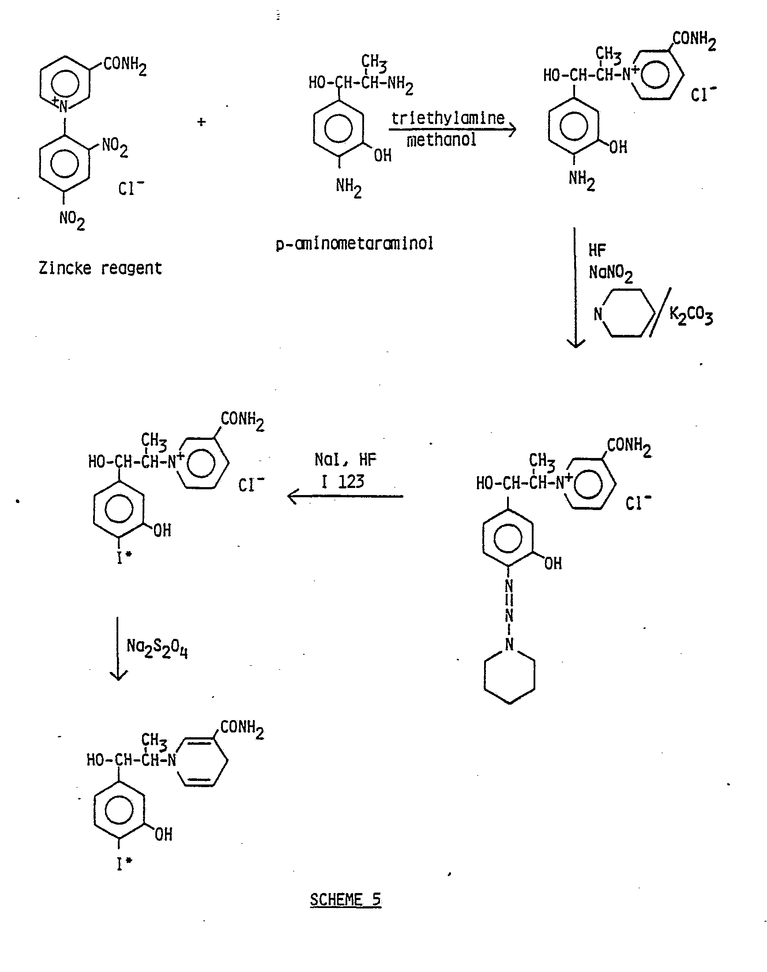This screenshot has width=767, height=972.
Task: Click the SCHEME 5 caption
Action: tap(346, 900)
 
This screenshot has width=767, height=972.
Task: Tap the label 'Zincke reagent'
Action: tap(100, 268)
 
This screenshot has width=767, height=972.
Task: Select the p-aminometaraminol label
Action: tap(355, 244)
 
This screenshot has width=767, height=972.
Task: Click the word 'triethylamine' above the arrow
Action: tap(448, 118)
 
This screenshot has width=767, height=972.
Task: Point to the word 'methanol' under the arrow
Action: tap(441, 140)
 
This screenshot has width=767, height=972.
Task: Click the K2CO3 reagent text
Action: tap(691, 315)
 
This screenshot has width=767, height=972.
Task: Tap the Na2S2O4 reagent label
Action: tap(157, 648)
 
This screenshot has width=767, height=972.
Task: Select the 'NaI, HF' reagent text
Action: tap(346, 459)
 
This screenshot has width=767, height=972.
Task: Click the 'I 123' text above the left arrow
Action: tap(342, 482)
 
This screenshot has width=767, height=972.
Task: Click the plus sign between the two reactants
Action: tap(202, 121)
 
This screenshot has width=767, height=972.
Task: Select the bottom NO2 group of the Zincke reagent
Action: tap(72, 221)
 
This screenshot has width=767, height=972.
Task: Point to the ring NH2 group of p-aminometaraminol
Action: tap(349, 187)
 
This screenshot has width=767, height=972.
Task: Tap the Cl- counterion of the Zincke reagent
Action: tap(131, 187)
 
